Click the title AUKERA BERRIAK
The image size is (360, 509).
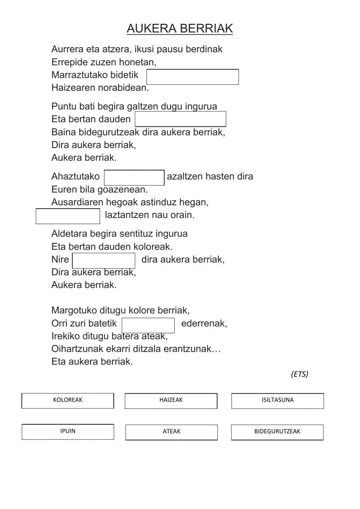[x=180, y=28]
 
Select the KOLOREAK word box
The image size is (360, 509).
[x=68, y=401]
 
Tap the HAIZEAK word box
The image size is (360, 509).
[x=171, y=401]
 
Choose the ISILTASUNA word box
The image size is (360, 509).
[x=278, y=401]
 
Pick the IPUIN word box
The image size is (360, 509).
[x=68, y=432]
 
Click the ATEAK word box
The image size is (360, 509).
[x=171, y=432]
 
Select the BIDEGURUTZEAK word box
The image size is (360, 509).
[x=277, y=432]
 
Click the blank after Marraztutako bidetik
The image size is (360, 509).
[x=193, y=77]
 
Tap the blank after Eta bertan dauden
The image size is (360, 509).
[x=180, y=119]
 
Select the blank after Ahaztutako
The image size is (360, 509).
[x=134, y=178]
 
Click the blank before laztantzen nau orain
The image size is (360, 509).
[x=68, y=216]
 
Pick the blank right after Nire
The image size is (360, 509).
[x=104, y=260]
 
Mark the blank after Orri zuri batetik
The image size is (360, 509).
[x=148, y=325]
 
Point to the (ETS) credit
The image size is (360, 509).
[x=300, y=374]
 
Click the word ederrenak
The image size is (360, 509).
[x=204, y=323]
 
